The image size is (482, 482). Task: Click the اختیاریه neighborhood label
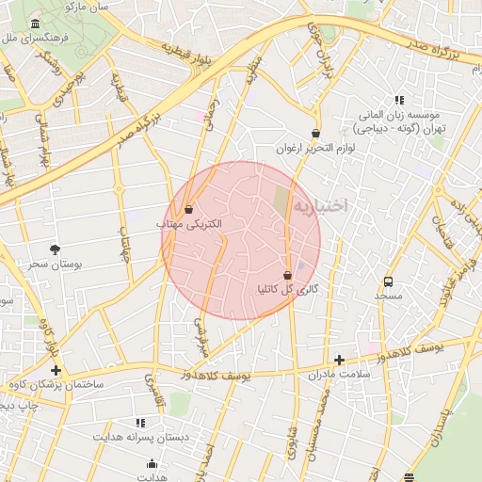[x=321, y=205]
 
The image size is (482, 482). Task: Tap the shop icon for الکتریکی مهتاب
[x=188, y=209]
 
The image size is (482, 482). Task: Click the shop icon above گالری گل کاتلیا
[x=287, y=275]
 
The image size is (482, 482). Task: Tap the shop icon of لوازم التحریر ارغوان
[x=314, y=134]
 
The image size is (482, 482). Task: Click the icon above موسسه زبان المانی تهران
[x=399, y=100]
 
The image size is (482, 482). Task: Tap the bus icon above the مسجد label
[x=388, y=281]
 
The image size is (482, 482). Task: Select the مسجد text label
[x=388, y=297]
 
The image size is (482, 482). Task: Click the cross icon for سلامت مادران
[x=339, y=360]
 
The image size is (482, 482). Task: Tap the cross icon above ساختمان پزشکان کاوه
[x=56, y=370]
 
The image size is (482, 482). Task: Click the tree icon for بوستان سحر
[x=55, y=249]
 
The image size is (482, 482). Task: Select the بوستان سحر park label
[x=55, y=265]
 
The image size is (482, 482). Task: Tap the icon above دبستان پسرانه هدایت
[x=140, y=424]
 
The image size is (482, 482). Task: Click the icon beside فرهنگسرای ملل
[x=36, y=24]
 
